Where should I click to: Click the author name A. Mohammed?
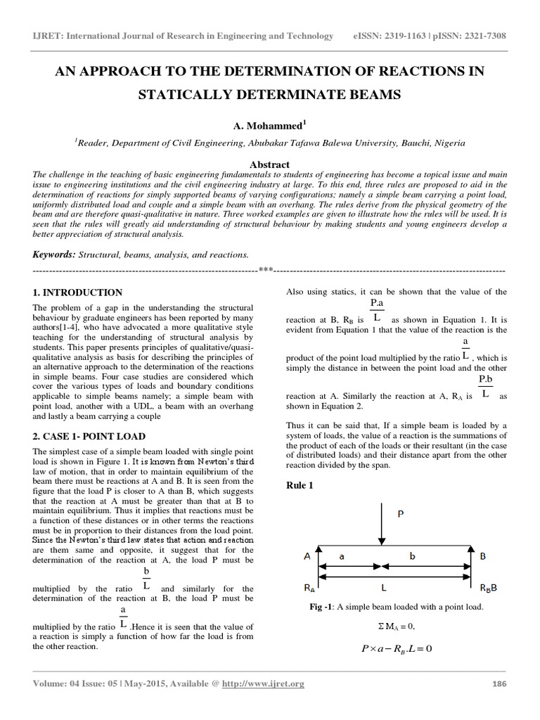click(269, 126)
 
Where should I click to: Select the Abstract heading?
click(270, 165)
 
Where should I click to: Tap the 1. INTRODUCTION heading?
click(78, 292)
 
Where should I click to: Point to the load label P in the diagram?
click(401, 514)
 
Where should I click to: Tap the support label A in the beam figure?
click(307, 555)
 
